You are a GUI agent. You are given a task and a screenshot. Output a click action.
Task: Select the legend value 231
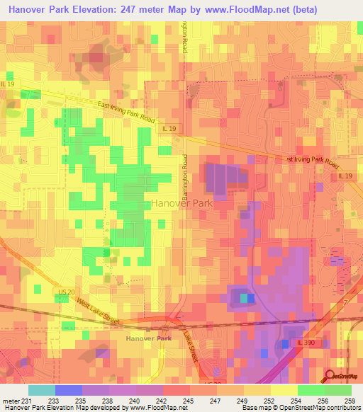point(27,400)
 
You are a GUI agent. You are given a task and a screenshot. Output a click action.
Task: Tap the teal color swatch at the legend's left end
point(41,390)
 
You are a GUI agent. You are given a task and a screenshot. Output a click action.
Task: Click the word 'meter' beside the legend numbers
point(11,400)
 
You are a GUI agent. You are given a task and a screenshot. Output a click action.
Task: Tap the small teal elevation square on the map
point(245,298)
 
